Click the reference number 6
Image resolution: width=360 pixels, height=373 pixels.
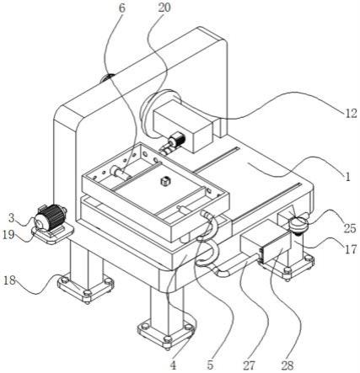click(x=121, y=8)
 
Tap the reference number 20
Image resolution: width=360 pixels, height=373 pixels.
click(x=164, y=8)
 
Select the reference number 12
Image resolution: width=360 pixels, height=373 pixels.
click(x=350, y=114)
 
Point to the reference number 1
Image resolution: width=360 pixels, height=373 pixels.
click(x=348, y=177)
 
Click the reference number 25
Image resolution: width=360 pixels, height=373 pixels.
click(x=350, y=229)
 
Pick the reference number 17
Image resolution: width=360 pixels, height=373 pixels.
click(x=351, y=249)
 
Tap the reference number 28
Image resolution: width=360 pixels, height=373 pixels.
click(x=287, y=365)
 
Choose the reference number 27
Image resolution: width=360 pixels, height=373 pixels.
click(x=249, y=365)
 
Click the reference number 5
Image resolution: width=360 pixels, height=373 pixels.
click(x=210, y=365)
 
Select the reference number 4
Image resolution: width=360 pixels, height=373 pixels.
click(x=173, y=365)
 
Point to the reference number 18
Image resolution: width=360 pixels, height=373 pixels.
click(x=9, y=280)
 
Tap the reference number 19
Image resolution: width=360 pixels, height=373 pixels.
click(x=8, y=235)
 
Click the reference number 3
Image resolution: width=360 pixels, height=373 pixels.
click(x=11, y=217)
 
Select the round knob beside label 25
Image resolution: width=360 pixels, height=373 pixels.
click(x=298, y=225)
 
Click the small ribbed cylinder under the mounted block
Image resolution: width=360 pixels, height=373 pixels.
click(x=176, y=140)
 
